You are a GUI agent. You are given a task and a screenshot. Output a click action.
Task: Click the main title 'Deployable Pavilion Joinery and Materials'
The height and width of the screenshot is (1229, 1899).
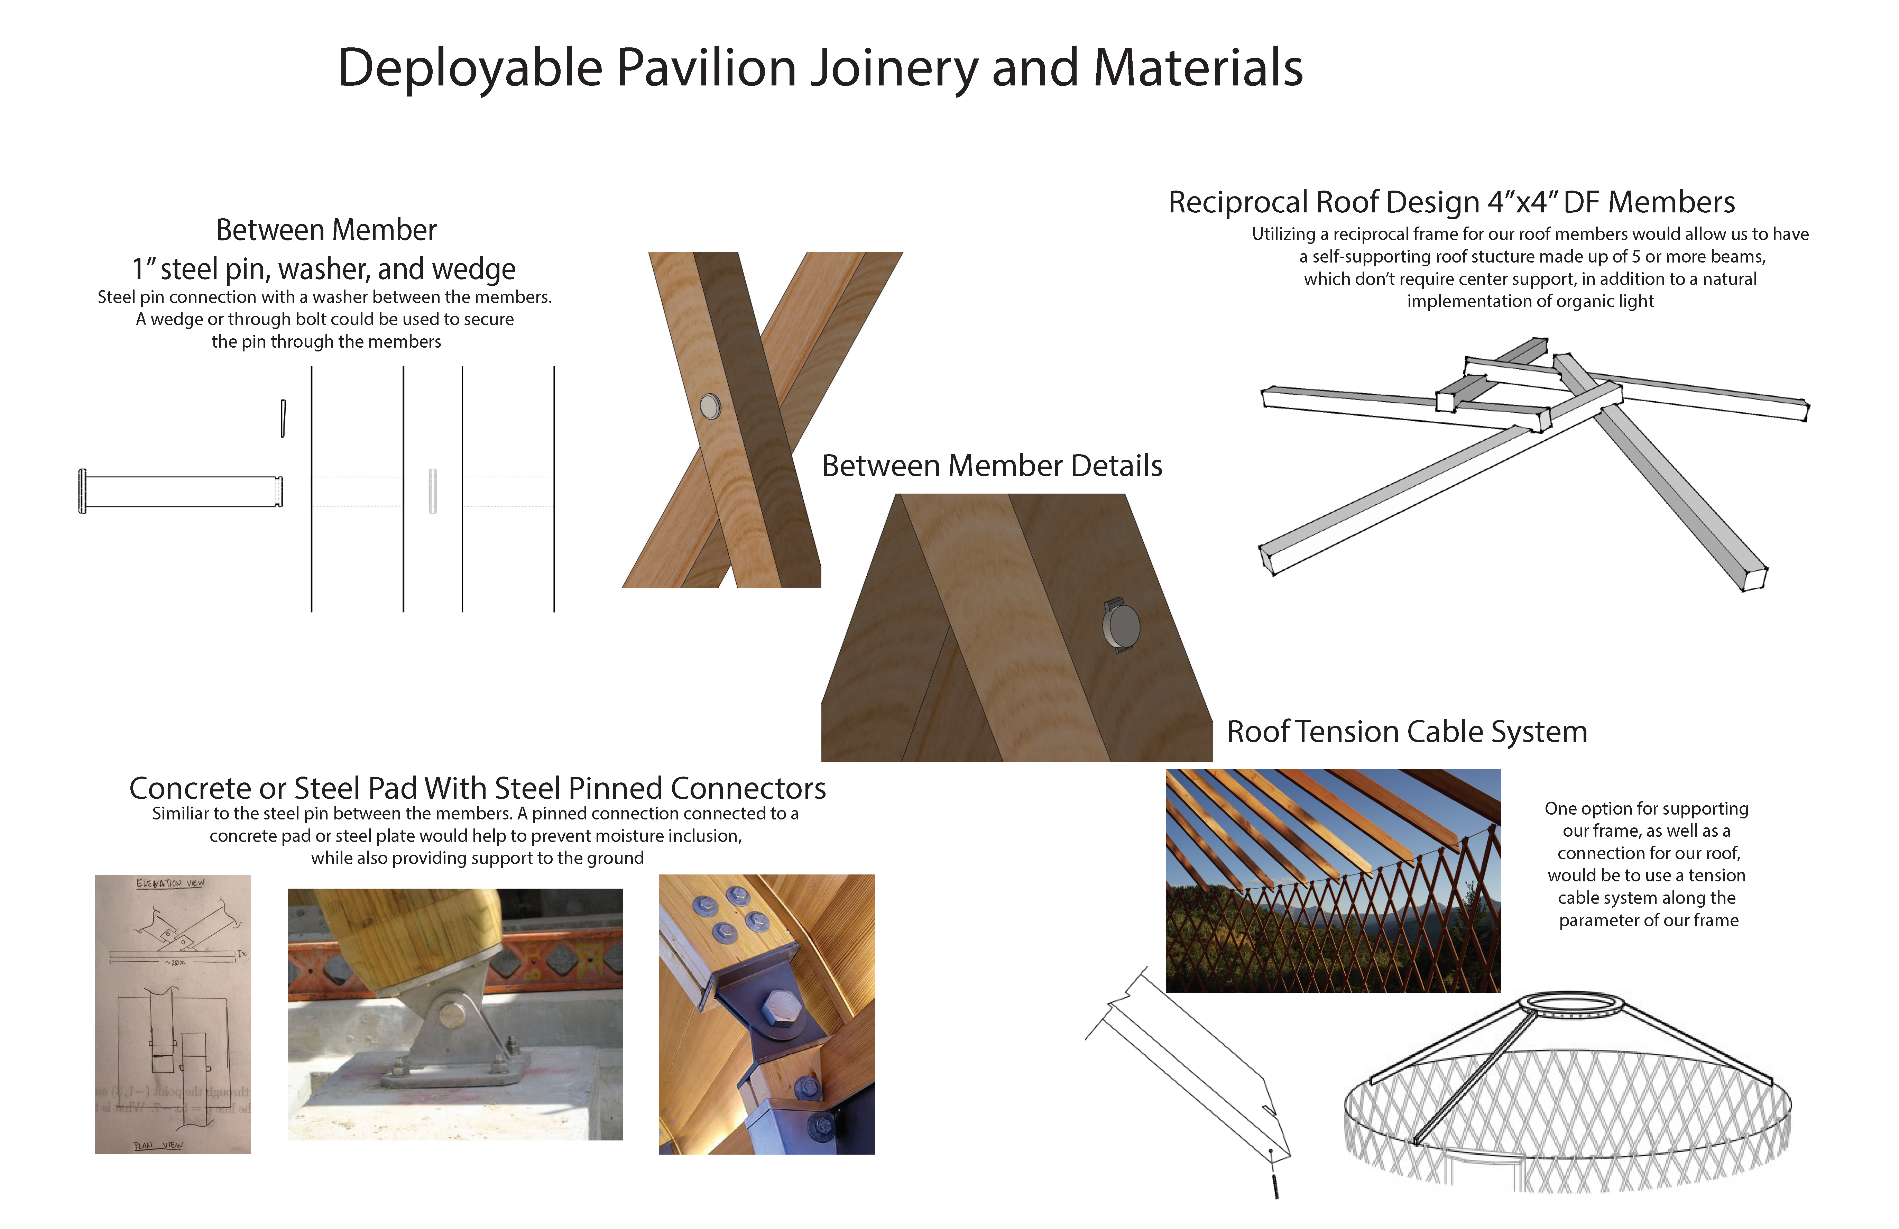coord(820,68)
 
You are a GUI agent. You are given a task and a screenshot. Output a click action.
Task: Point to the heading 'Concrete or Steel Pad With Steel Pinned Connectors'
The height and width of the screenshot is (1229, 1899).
coord(477,788)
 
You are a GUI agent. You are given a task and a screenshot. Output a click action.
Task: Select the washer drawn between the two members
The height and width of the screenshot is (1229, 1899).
coord(432,491)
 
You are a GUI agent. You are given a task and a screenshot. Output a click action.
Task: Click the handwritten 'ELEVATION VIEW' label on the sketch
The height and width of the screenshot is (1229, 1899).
coord(170,883)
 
